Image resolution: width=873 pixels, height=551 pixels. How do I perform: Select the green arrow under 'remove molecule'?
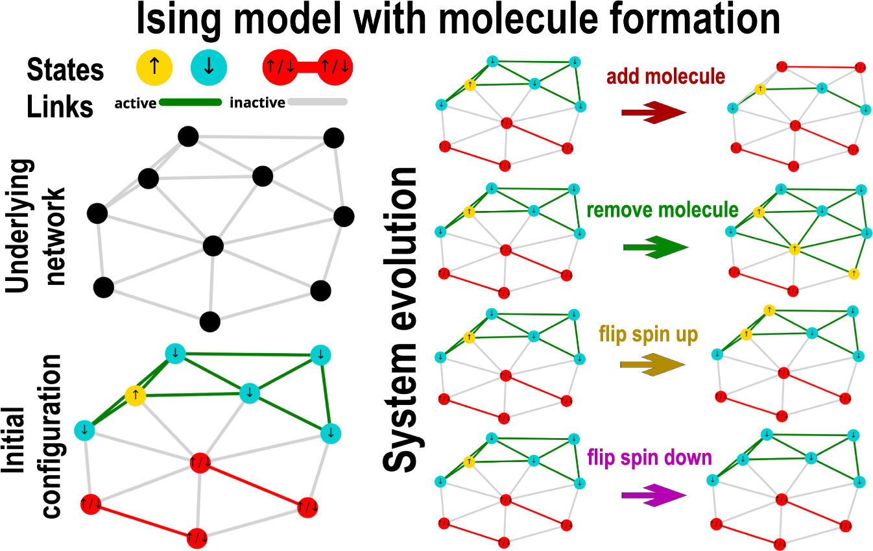coord(654,248)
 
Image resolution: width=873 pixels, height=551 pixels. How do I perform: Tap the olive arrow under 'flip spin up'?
coord(652,365)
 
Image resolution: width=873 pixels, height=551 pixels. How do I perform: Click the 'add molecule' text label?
coord(666,77)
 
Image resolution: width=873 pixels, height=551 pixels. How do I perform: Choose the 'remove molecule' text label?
coord(662,210)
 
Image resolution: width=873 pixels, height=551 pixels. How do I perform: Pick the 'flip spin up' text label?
coord(648,334)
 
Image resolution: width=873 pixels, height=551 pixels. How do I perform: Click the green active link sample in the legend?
coord(190,102)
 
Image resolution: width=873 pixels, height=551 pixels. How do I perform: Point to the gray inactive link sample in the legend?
coord(317,102)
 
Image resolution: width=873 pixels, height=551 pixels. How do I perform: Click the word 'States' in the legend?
coord(66,69)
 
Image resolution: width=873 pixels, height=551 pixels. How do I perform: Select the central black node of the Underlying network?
coord(213,246)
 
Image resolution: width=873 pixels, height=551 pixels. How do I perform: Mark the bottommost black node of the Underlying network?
coord(209,321)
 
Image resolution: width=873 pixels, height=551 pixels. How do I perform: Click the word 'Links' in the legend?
coord(60,106)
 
